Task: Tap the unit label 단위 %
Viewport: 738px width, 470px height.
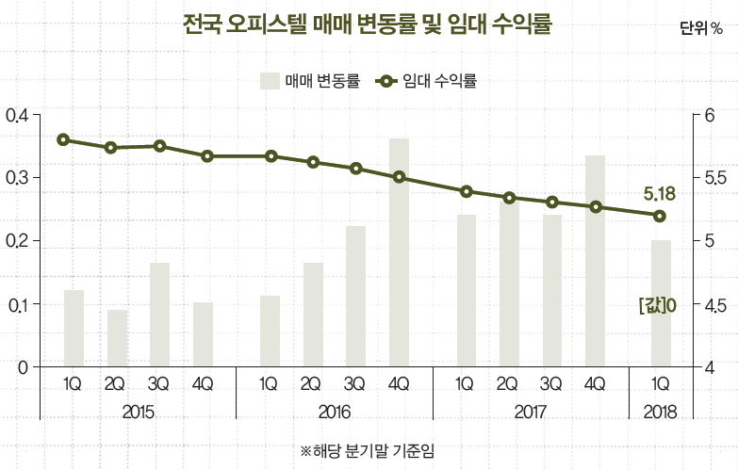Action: (700, 28)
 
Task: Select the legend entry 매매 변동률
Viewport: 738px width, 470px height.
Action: (311, 81)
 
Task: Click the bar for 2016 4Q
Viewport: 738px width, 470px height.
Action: (399, 252)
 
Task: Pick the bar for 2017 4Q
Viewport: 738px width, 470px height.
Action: (595, 261)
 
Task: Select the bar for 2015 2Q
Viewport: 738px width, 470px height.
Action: (117, 337)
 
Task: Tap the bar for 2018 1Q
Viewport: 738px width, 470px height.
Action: (661, 303)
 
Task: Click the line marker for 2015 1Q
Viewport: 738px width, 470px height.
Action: (63, 140)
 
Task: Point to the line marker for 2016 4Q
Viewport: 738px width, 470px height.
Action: (399, 177)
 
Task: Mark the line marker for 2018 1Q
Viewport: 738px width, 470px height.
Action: (660, 216)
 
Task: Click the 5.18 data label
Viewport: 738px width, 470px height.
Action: (660, 194)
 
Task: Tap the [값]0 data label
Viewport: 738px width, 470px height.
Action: (658, 305)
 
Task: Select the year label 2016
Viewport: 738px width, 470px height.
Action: (334, 413)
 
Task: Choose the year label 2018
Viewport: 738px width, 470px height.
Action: (660, 413)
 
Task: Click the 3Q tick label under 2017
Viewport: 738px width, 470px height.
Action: (551, 384)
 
